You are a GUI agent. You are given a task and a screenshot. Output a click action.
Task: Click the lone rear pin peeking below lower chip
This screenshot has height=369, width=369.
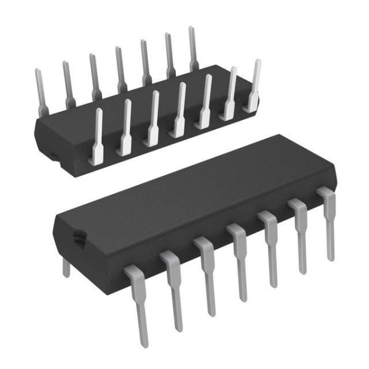[66, 267]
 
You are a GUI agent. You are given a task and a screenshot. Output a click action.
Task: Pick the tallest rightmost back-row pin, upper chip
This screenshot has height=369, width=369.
[192, 49]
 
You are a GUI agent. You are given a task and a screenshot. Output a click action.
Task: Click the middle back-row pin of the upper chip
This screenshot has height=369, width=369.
[121, 71]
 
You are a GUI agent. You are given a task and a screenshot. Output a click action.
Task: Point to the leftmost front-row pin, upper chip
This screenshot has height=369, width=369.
[97, 138]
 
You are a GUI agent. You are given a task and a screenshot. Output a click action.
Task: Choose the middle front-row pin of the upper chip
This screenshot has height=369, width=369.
[180, 111]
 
